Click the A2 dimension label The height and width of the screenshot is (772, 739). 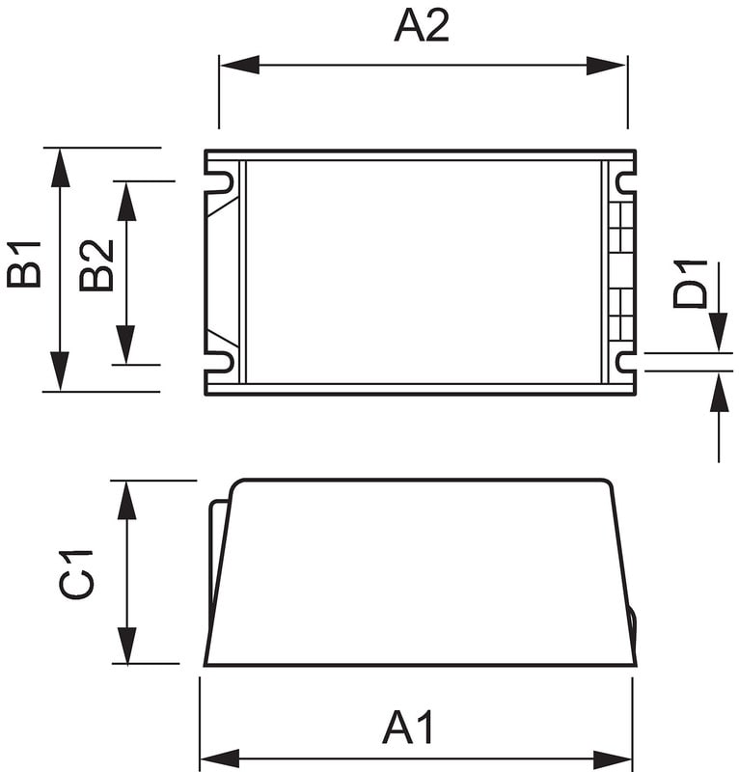[x=422, y=27]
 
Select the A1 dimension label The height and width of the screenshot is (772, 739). [x=408, y=728]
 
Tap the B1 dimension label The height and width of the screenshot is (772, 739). [x=23, y=263]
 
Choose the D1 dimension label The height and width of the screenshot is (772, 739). [x=690, y=285]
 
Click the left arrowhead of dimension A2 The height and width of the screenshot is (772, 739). [x=240, y=65]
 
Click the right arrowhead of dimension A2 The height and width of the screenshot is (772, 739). [x=606, y=66]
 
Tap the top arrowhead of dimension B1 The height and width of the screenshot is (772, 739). [x=60, y=168]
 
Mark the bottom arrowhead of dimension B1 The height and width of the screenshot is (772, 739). [x=60, y=372]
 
